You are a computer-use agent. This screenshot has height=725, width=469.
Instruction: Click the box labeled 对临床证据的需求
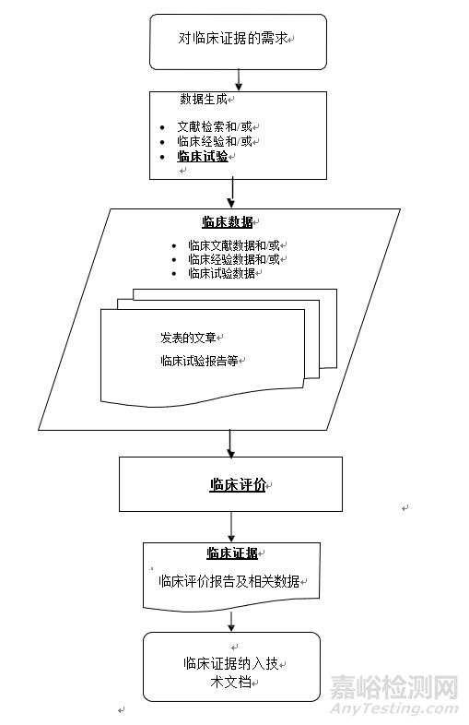pos(238,41)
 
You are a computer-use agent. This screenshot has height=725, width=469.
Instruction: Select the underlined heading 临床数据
pos(228,222)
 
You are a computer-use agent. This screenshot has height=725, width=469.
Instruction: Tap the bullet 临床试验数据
pos(221,273)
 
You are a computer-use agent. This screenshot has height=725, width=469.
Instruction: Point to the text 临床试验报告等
pos(199,361)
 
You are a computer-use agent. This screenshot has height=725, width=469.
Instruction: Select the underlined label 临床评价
pos(237,485)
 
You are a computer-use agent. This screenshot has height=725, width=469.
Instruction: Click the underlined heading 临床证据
pos(231,553)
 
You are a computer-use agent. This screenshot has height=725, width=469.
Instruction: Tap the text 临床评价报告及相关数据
pos(229,581)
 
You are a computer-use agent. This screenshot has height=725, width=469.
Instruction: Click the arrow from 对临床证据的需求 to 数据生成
pos(238,80)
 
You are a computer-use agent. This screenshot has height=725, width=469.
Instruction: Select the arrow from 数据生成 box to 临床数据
pos(232,193)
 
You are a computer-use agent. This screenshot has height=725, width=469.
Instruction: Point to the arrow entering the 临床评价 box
pos(231,444)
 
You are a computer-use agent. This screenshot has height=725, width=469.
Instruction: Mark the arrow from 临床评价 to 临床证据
pos(231,527)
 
